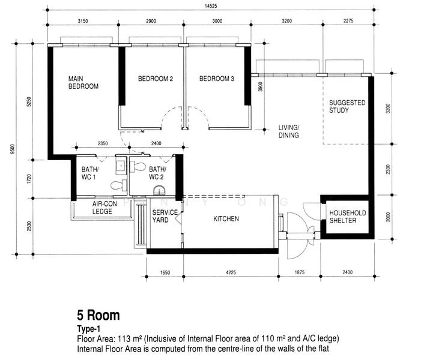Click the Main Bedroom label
point(83,83)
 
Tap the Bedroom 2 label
point(156,79)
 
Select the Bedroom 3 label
point(217,79)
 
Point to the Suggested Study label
point(347,106)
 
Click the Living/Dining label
point(289,131)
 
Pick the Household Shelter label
point(348,217)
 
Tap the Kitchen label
point(226,219)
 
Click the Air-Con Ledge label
point(104,208)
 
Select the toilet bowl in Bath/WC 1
point(119,185)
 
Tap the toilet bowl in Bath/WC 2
point(138,167)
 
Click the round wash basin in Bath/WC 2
point(159,191)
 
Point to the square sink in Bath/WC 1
point(121,165)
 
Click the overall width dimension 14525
point(211,5)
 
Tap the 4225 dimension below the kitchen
point(231,272)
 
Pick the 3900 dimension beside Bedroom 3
point(260,86)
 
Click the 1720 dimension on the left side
point(29,179)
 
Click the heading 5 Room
point(98,315)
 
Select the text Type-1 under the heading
point(89,329)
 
